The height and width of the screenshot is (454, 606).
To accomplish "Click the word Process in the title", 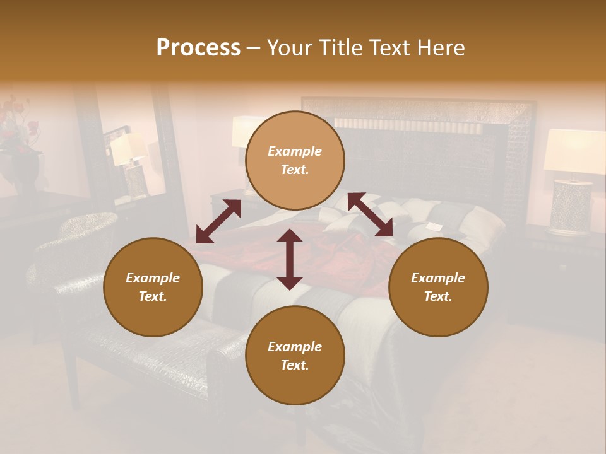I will [198, 48].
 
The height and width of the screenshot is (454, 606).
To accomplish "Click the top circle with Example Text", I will [295, 160].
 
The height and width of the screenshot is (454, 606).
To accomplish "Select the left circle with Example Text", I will [153, 287].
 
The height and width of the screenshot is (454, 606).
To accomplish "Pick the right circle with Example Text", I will [438, 287].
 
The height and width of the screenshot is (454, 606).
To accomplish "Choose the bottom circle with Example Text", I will [295, 356].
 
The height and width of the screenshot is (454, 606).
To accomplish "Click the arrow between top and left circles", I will [218, 221].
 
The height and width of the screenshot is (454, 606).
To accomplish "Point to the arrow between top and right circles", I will [370, 214].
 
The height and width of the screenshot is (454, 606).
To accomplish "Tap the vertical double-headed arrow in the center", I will [290, 259].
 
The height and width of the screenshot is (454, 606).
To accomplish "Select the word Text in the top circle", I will [295, 170].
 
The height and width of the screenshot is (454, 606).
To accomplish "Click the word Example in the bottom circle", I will [295, 347].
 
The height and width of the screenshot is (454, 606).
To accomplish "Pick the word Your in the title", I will [288, 48].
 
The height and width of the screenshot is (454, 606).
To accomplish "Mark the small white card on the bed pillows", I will [433, 226].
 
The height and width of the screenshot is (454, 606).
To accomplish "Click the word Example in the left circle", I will [153, 278].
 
